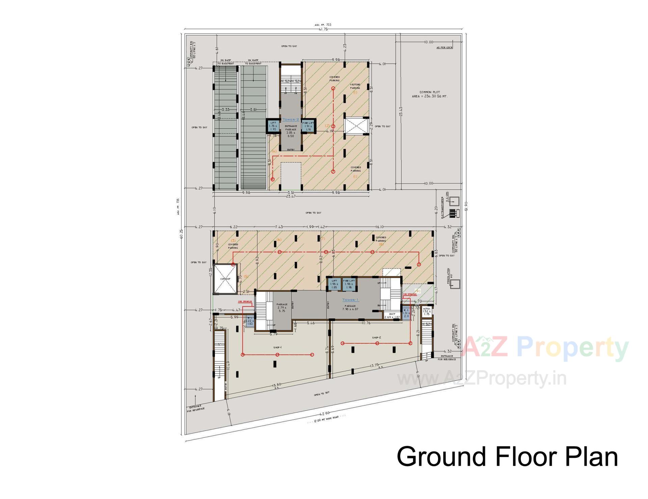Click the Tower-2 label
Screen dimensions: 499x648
coord(291,120)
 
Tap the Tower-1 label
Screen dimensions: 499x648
coord(351,300)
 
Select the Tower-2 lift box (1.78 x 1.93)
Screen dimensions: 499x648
coord(273,126)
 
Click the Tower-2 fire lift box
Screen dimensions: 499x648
coord(308,126)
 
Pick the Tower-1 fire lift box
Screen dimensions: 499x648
coord(349,284)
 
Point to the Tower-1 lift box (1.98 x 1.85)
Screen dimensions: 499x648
coord(334,284)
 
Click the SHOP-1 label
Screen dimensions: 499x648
coord(277,348)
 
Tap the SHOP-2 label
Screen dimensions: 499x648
coord(377,338)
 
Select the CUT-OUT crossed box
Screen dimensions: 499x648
coord(225,279)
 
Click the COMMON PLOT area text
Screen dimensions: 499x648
coord(430,94)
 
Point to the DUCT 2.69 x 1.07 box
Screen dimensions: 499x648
coord(392,316)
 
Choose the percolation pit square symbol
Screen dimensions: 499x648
coord(455,284)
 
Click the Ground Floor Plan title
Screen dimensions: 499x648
coord(507,457)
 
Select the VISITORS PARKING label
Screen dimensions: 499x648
coord(355,86)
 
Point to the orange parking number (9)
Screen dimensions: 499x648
coord(417,291)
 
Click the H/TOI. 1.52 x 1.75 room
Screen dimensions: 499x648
coord(427,311)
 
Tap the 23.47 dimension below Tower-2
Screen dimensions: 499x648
coord(291,196)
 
